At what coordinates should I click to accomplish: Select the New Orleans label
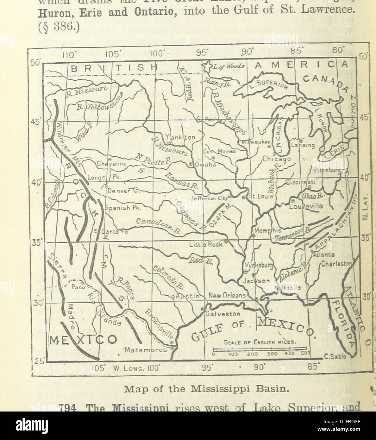click(x=227, y=295)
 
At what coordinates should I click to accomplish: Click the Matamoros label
click(x=145, y=350)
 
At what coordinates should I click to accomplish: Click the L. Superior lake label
click(x=272, y=85)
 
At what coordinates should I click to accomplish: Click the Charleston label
click(x=336, y=263)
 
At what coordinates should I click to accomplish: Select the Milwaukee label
click(x=256, y=142)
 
